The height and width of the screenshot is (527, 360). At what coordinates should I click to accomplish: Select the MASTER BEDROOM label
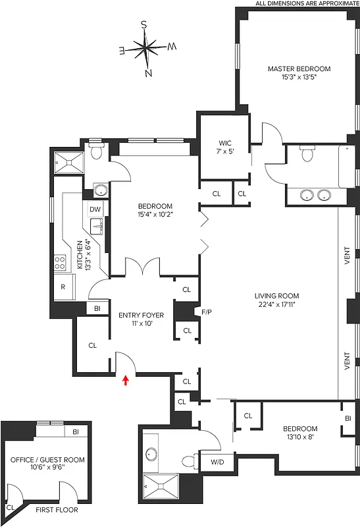point(298,69)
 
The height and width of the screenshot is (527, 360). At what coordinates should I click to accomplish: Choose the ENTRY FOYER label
point(141,315)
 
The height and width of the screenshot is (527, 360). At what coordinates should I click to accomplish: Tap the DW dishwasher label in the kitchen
point(95,209)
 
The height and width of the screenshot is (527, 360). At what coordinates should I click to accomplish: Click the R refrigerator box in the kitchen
point(63,287)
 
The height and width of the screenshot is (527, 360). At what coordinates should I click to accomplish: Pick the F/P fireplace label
point(205,311)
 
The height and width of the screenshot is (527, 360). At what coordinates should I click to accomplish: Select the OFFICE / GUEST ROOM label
point(47,460)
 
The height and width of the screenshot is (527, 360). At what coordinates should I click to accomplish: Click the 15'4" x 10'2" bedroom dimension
point(154,214)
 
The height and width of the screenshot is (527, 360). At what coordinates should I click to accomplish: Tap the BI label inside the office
point(76,432)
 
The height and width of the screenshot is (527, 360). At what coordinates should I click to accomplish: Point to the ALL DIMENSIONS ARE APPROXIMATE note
point(307,4)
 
